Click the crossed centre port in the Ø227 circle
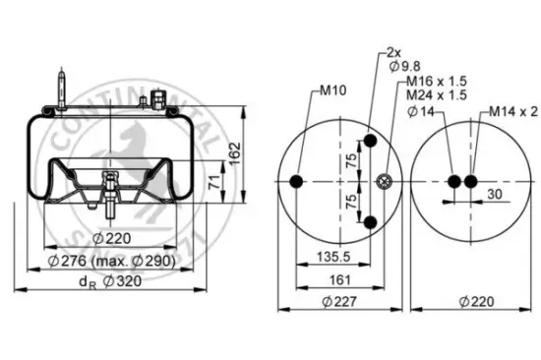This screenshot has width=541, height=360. [x=385, y=180]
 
